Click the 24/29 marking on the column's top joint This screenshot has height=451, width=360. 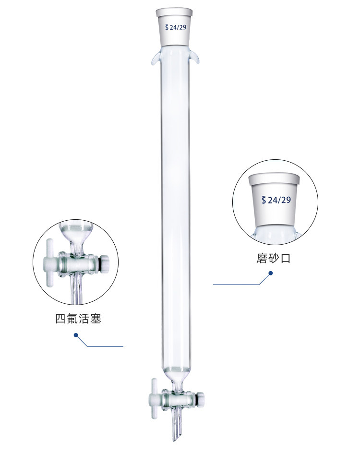(178, 28)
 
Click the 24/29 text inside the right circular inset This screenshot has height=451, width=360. (279, 200)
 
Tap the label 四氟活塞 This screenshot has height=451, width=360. (78, 319)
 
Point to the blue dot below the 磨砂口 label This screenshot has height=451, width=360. (270, 273)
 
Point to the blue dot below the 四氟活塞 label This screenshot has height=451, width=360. (75, 335)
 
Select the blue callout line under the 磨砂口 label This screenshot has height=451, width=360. (238, 285)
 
